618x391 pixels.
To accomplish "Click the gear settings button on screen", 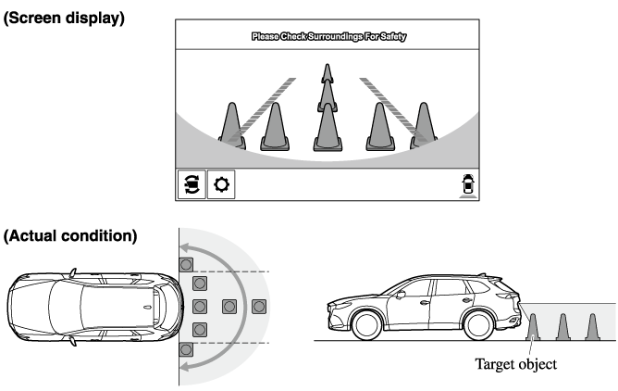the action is tap(221, 184).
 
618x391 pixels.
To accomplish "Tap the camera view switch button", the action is tap(192, 184).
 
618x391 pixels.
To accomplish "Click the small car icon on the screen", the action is tap(468, 184).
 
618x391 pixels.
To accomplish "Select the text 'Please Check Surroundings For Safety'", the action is tap(328, 36).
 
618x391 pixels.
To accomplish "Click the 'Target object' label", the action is tap(515, 364).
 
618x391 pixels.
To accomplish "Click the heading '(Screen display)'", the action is tap(64, 19).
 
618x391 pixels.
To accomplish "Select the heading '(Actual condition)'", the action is tap(70, 235).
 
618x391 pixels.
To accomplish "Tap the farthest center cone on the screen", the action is tap(328, 73).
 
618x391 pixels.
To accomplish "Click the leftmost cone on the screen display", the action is tap(232, 126).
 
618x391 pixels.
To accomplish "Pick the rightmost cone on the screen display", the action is tap(424, 126).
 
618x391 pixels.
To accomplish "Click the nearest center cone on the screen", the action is tap(328, 127).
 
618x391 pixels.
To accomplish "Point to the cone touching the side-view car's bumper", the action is tap(533, 327).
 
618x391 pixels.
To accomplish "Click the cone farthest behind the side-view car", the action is tap(592, 327).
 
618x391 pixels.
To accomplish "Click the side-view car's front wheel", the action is tap(366, 325).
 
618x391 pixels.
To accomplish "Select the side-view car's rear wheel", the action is tap(479, 325).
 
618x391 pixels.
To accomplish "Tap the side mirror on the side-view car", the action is tap(401, 295).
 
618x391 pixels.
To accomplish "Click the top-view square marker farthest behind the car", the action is tap(259, 307).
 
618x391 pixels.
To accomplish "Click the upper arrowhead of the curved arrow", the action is tap(185, 248).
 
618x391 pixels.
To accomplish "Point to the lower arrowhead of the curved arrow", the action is tap(185, 367).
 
